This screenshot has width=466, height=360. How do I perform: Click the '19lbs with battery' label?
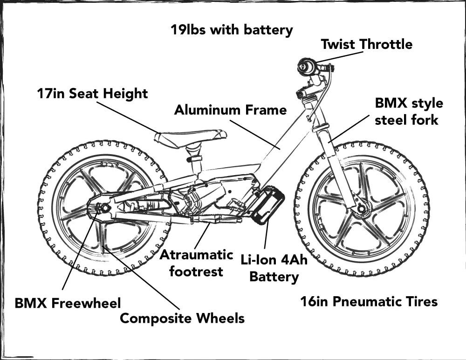coord(232,30)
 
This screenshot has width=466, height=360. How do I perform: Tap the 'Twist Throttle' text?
coord(367,45)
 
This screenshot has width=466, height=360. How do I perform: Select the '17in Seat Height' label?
coord(92,93)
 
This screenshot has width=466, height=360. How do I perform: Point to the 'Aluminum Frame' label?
coord(230,110)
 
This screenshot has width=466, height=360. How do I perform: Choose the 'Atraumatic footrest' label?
coord(196,263)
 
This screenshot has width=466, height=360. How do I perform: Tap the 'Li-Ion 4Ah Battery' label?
coord(274,268)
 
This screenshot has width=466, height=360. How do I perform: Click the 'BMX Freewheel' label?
coord(68,303)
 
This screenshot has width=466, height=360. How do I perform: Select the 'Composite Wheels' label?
coord(182,319)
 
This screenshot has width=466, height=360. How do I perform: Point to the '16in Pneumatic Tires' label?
coord(369,302)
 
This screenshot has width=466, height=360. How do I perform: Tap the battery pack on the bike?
coord(267,204)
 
